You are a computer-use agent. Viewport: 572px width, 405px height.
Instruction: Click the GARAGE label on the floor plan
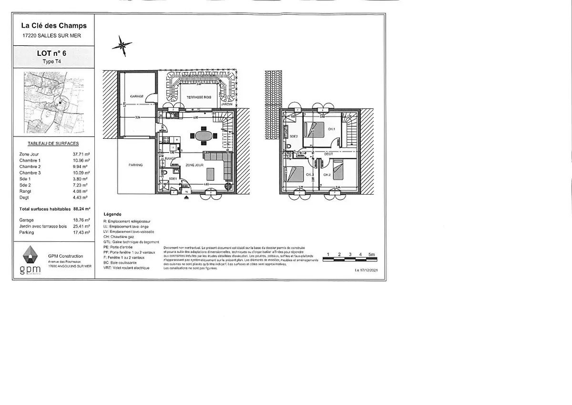pos(137,96)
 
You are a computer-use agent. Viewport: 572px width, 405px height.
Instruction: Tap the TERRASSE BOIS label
pos(198,97)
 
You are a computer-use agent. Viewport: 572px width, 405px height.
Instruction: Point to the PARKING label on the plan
pos(135,165)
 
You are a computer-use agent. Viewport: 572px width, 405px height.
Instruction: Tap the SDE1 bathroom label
pos(172,178)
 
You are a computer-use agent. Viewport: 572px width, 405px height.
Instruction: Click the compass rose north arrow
pos(123,45)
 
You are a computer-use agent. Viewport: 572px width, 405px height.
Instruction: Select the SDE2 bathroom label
pos(294,136)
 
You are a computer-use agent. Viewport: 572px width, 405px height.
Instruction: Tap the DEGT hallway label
pos(328,154)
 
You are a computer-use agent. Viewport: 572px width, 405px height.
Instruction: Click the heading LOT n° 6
pos(51,54)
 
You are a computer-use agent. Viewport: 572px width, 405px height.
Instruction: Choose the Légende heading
pos(112,215)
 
